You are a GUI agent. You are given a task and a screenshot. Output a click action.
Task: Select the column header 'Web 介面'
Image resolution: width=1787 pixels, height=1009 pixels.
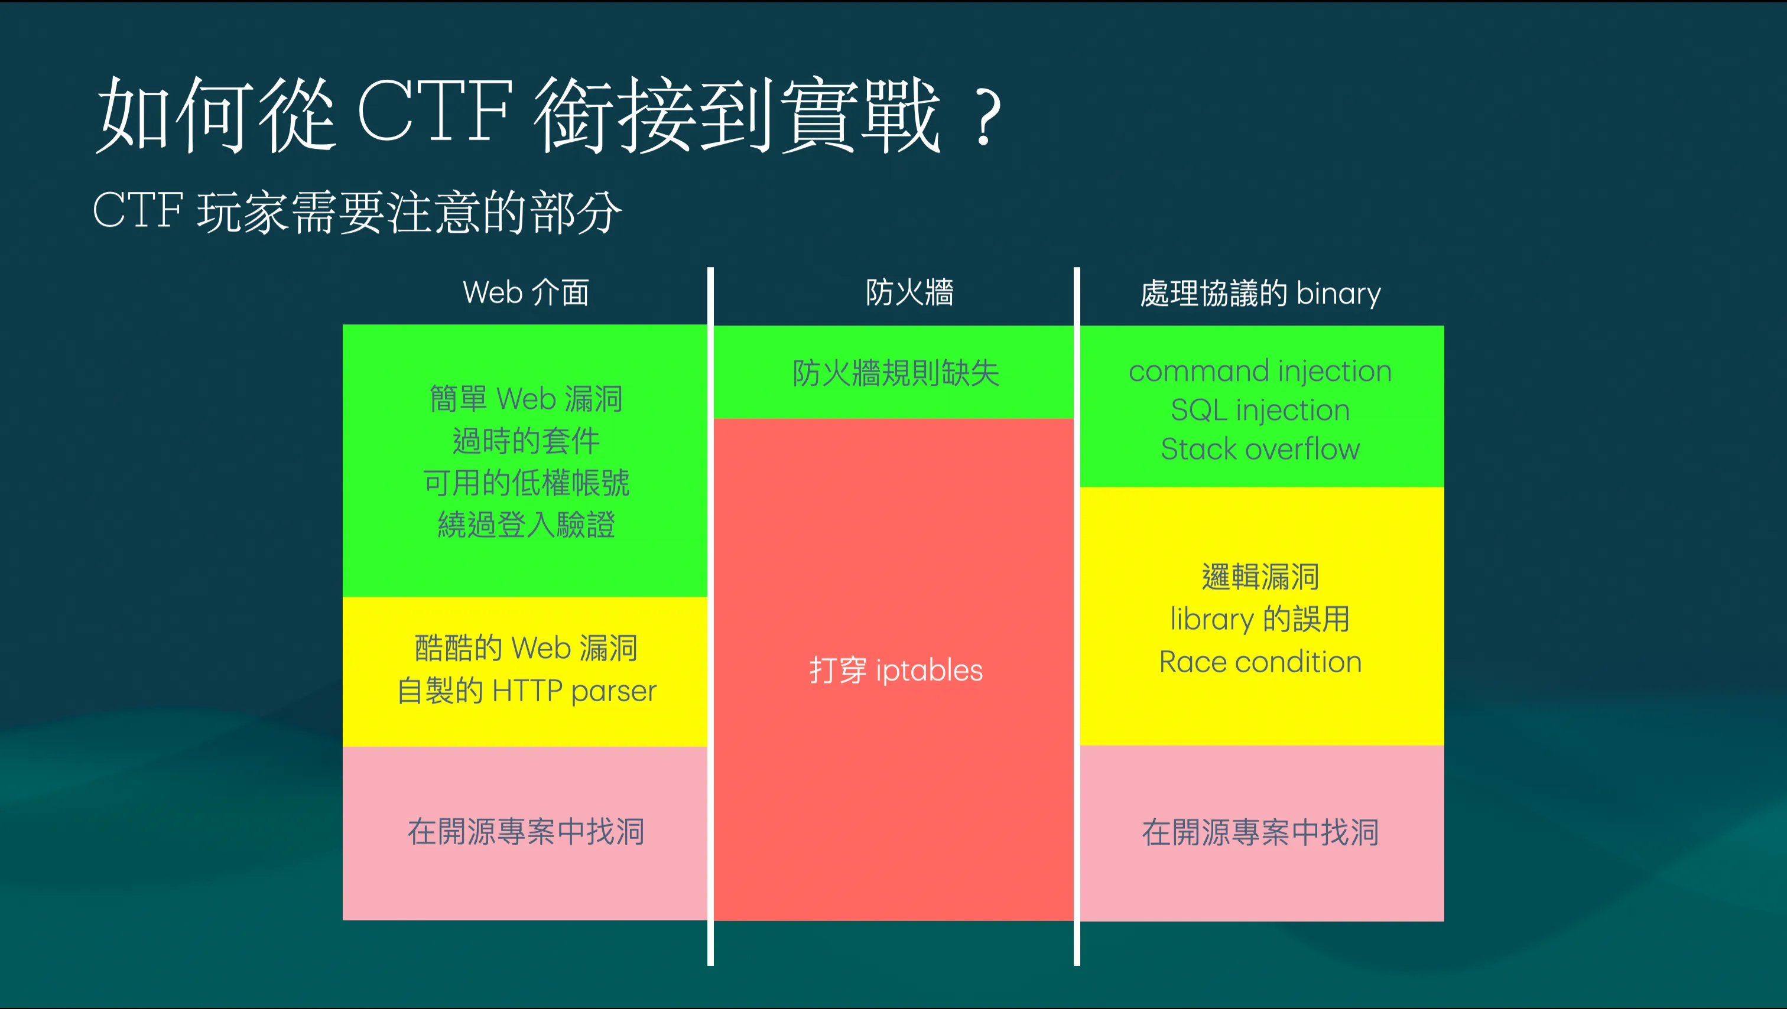[526, 292]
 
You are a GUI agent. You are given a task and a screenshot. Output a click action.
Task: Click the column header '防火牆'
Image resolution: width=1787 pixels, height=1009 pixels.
[909, 292]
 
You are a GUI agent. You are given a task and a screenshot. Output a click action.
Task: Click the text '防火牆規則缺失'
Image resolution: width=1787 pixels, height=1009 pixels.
[896, 373]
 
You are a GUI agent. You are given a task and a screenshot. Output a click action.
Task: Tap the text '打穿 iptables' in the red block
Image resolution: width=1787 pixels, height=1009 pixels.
[896, 671]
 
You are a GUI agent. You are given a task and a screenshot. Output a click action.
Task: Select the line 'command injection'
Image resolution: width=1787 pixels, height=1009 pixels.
[1260, 372]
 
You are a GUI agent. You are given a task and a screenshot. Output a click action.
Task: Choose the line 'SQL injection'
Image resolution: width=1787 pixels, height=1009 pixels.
[1260, 411]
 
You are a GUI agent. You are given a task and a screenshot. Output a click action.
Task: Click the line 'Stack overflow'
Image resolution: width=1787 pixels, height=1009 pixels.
[1260, 450]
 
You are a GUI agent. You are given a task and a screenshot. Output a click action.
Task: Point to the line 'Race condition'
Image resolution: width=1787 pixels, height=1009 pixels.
[1260, 662]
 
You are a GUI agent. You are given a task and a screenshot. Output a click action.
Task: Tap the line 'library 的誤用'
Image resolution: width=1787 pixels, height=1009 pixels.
[1260, 619]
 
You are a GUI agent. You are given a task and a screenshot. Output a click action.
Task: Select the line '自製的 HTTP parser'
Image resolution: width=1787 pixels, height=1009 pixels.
[527, 691]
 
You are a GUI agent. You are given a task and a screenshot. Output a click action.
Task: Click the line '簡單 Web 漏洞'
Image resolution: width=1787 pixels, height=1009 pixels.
[527, 399]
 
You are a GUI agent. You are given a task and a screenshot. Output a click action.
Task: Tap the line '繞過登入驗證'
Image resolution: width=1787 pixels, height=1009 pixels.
[527, 525]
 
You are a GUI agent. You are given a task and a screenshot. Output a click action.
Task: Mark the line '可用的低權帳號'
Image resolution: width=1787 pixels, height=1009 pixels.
[527, 483]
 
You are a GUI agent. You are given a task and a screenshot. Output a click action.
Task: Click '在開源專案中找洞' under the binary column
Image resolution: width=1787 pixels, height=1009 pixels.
[1260, 833]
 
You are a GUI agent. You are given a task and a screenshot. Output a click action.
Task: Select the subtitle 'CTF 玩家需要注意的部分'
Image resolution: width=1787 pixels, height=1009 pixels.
[358, 211]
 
